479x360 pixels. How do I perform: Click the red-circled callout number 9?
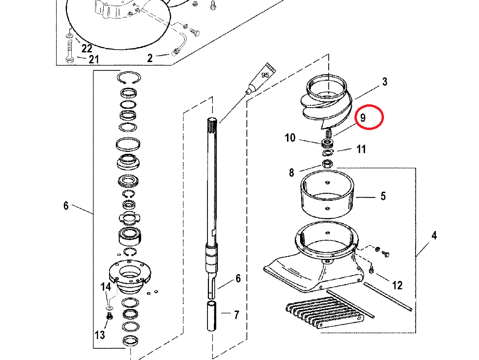[x=363, y=118]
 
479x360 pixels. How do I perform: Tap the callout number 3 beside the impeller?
[x=384, y=82]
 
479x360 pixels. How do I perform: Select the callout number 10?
[x=290, y=138]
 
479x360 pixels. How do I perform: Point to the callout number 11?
[x=361, y=149]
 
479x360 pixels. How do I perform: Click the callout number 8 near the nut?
[x=291, y=173]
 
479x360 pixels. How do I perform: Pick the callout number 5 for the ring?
[x=383, y=196]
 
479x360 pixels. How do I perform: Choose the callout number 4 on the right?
[x=434, y=235]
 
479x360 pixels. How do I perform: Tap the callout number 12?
[x=397, y=285]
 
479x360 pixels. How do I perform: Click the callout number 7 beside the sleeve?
[x=237, y=315]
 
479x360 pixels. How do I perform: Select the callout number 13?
[x=100, y=335]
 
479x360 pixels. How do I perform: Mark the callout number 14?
[x=106, y=287]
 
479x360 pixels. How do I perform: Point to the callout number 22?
[x=87, y=49]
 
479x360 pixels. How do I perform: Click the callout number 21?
[x=94, y=59]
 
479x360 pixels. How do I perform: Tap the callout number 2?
[x=150, y=58]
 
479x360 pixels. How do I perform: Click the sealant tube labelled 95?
[x=261, y=78]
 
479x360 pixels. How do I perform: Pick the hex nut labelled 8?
[x=327, y=164]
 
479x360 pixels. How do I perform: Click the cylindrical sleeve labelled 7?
[x=212, y=316]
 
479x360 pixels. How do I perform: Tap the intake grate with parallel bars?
[x=324, y=315]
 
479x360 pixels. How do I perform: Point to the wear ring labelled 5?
[x=327, y=194]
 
